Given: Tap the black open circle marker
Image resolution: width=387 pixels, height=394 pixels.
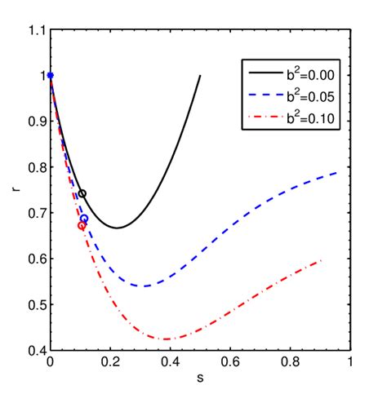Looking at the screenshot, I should coord(82,193).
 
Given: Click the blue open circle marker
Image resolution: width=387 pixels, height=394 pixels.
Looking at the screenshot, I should coord(83,219).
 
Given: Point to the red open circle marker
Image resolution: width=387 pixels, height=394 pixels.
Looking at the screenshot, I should coord(81,226).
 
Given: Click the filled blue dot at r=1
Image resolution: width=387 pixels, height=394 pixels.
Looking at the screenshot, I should coord(51,75).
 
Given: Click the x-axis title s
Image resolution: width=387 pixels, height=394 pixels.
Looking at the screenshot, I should coord(200,379).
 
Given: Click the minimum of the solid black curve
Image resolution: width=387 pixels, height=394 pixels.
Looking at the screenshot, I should coord(117,228).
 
